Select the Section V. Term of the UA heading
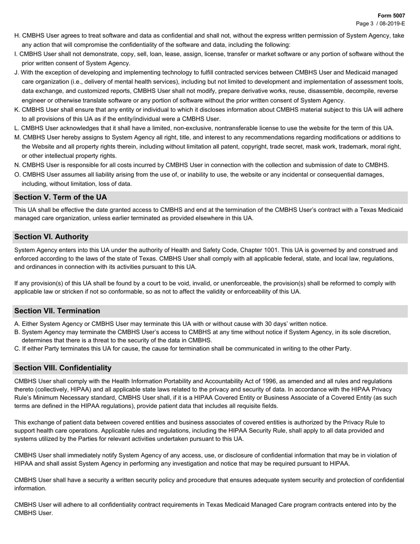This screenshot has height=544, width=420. click(61, 197)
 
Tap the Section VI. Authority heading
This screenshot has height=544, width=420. click(51, 237)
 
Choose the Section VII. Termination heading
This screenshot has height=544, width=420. click(57, 311)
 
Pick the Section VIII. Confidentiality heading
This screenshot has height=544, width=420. click(63, 368)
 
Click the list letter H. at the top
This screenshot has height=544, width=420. click(17, 35)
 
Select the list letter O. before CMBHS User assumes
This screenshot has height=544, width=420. click(18, 175)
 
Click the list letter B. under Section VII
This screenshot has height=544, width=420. click(17, 332)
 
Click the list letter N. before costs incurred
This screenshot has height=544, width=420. click(18, 165)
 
